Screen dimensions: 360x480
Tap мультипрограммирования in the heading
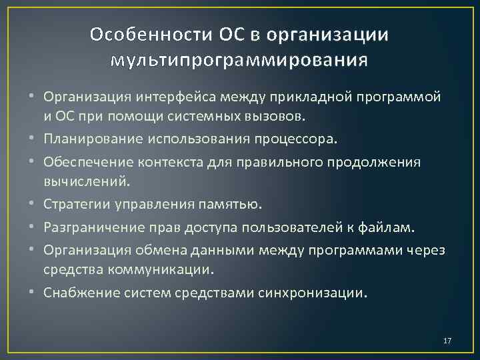(x=239, y=61)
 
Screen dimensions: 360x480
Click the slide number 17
(x=447, y=341)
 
